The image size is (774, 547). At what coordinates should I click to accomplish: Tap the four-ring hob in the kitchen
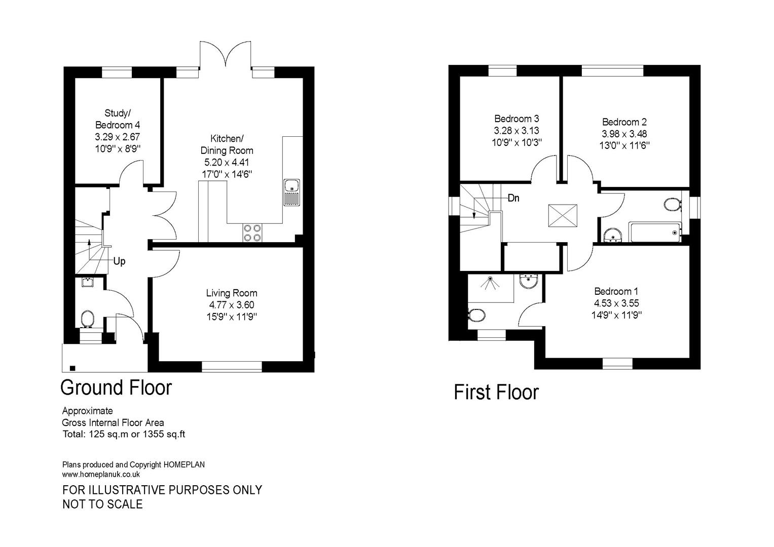252,232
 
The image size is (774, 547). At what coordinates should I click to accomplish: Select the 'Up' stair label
119,261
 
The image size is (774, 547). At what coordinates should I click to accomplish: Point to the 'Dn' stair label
513,198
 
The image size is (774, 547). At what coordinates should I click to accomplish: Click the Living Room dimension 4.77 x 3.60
231,305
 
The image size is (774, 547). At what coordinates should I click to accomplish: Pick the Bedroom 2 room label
624,122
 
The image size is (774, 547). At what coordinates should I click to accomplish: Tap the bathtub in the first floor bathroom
654,232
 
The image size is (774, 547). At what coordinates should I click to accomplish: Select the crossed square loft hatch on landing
563,216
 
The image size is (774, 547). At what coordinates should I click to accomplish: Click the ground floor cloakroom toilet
88,319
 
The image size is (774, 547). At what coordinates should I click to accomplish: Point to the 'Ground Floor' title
116,387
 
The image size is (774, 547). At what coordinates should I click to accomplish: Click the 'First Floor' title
496,393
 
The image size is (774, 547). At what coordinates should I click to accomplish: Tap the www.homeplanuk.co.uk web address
101,475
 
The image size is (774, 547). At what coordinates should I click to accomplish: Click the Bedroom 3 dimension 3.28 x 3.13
517,131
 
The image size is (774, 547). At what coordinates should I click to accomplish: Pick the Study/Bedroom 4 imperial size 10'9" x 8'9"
118,149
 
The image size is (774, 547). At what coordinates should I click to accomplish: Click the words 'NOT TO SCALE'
102,504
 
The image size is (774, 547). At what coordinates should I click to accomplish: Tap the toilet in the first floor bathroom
672,204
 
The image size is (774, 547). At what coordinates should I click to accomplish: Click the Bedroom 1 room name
616,291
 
